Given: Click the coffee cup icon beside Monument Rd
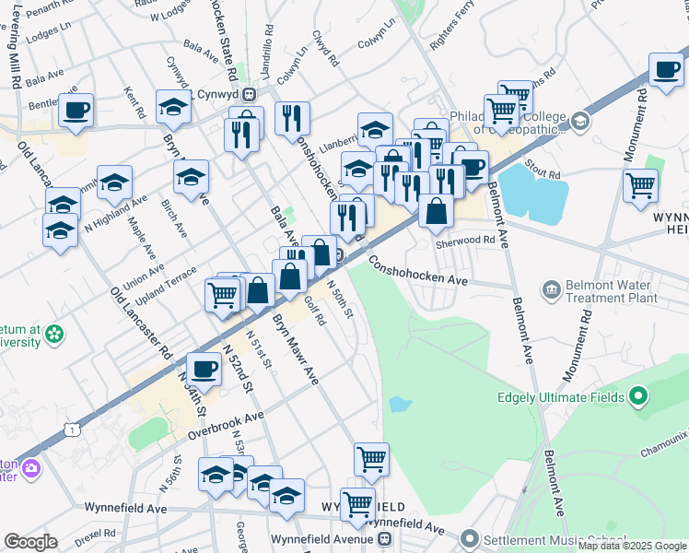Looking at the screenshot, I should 665,68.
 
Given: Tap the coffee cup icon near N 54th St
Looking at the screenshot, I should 204,369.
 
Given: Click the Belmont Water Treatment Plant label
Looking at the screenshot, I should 612,291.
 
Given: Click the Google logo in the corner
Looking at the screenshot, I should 30,542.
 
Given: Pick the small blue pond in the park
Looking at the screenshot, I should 399,404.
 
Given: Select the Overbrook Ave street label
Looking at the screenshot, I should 226,424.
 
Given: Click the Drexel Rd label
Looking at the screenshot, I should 95,534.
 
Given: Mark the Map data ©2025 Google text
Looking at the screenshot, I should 632,546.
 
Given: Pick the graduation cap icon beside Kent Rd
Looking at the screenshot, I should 172,108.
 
